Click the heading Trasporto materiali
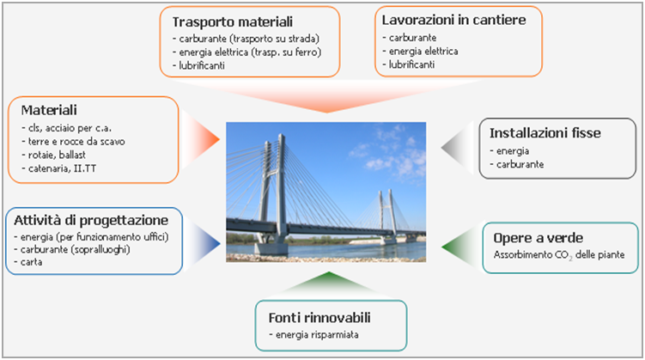click(x=233, y=21)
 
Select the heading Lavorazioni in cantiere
click(x=453, y=20)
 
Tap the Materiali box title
click(x=49, y=110)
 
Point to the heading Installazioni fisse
click(x=545, y=133)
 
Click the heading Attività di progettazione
click(x=91, y=221)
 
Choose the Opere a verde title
click(x=538, y=238)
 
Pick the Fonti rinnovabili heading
click(x=319, y=318)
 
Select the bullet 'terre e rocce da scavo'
click(x=73, y=142)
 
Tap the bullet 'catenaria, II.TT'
click(x=58, y=168)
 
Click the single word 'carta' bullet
click(x=28, y=262)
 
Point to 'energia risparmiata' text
click(x=313, y=335)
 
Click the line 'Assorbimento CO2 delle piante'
click(x=559, y=255)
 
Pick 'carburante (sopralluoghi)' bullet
click(x=72, y=250)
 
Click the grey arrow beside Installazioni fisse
click(x=458, y=147)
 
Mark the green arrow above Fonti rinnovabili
click(x=329, y=284)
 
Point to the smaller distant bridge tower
click(x=387, y=215)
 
